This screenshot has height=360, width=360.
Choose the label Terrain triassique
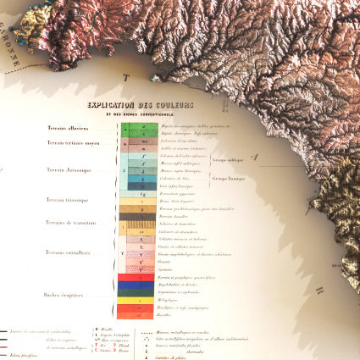pos(68,199)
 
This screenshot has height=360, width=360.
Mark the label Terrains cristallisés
pos(69,252)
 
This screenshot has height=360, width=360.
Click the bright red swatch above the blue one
pos(136,277)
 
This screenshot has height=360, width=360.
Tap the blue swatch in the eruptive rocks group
pos(136,285)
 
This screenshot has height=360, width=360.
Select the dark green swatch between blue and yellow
pos(136,292)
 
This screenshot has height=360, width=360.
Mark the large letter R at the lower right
pos(319,290)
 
